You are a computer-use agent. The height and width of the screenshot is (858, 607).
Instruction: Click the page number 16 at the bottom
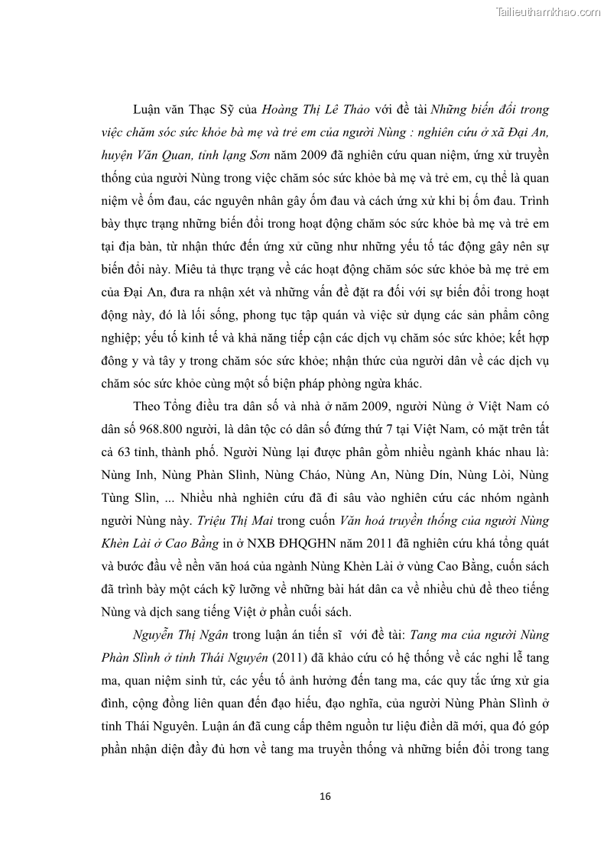point(325,796)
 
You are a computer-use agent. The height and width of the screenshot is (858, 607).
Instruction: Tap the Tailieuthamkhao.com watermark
point(548,11)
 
